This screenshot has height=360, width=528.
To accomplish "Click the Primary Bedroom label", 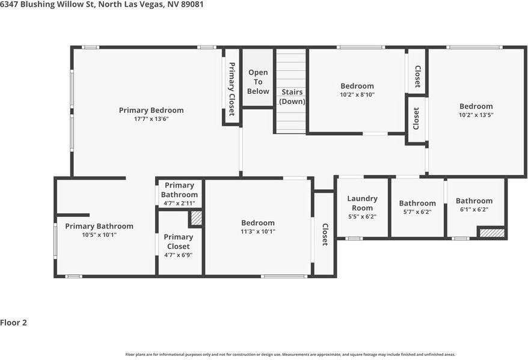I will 151,110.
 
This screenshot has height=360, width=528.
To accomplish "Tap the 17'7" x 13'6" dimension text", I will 151,119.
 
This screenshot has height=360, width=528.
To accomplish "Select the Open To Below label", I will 258,82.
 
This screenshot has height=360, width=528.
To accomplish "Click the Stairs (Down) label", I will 292,97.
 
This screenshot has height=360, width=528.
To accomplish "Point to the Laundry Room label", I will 362,203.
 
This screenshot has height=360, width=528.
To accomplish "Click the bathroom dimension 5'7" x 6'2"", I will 417,212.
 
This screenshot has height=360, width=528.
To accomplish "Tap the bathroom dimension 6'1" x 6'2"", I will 474,210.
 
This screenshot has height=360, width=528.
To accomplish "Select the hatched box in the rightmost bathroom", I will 492,232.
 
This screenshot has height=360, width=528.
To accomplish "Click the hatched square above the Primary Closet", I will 196,218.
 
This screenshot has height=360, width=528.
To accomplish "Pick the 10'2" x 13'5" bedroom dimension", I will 476,115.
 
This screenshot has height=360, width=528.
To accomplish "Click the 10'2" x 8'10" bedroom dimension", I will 357,94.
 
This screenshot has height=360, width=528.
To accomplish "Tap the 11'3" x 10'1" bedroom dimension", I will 258,231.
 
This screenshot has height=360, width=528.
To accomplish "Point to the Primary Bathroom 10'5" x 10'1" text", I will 99,235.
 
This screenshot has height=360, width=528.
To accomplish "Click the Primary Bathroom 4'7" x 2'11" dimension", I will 179,203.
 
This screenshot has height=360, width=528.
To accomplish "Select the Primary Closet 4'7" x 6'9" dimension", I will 178,255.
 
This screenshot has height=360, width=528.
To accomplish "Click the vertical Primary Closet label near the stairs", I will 232,89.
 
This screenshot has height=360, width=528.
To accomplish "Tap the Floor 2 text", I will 14,323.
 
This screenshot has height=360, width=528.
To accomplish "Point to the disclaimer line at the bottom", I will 290,355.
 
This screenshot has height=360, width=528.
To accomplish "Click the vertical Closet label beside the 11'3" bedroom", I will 325,234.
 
